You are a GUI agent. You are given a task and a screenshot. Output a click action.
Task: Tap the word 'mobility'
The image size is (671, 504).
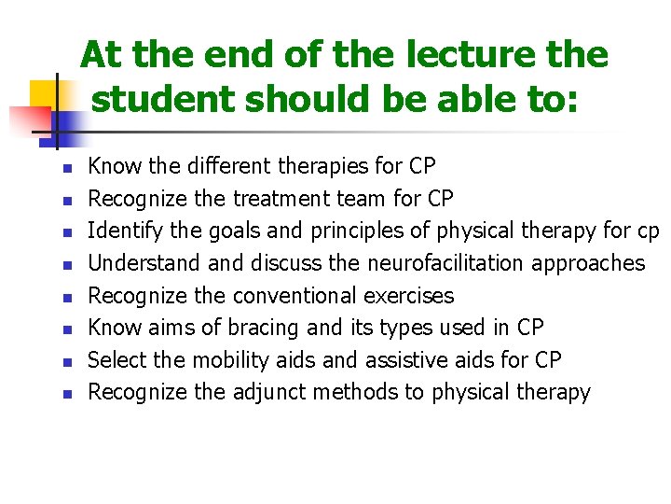[266, 360]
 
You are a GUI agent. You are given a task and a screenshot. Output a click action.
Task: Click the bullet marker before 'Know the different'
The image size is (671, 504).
[66, 169]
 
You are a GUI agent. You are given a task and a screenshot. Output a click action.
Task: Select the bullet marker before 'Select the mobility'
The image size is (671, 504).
[66, 362]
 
